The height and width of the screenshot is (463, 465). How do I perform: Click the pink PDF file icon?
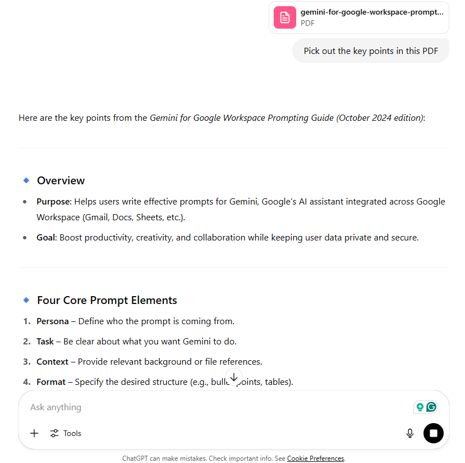pos(285,17)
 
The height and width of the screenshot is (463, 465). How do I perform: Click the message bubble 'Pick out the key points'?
pos(370,51)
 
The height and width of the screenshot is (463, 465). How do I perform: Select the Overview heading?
pos(61,180)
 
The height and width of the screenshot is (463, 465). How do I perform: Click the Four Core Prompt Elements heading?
pos(107,300)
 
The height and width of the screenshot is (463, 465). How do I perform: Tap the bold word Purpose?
pos(53,201)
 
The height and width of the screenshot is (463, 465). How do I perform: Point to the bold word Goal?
pos(46,238)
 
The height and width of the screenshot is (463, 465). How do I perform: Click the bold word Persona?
pos(52,321)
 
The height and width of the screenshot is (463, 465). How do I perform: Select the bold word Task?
pos(45,342)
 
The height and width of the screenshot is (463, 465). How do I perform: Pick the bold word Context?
pos(52,362)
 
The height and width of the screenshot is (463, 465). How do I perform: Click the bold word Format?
pos(51,382)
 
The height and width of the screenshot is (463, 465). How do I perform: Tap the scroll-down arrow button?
pos(234,378)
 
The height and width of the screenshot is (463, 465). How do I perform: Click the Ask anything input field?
pos(213,407)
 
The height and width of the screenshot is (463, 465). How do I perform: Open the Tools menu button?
pos(66,433)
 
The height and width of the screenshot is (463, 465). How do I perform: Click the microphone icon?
pos(410,433)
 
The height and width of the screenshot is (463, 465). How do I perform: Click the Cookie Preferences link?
pos(315,459)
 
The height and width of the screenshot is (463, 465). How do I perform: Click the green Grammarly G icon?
pos(431,407)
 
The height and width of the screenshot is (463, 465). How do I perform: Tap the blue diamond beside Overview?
pos(26,180)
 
